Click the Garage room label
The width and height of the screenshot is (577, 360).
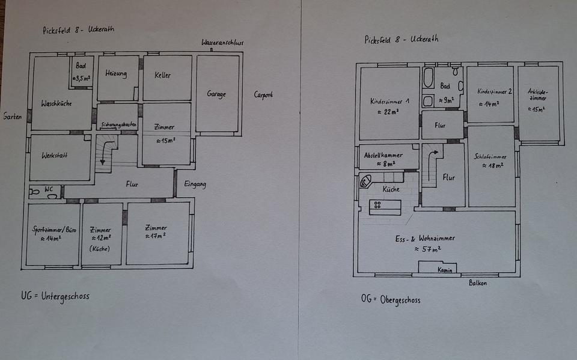tap(216, 94)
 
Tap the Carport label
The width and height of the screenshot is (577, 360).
tap(263, 95)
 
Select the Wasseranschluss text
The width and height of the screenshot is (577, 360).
tap(222, 43)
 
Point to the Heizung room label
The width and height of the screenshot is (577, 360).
tap(116, 74)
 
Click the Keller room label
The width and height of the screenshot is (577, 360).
tap(162, 75)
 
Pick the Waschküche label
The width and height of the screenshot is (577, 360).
tap(57, 103)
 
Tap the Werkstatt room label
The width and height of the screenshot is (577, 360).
tap(55, 156)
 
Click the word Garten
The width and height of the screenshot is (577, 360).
tap(13, 116)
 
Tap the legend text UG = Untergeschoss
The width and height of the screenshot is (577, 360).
tap(55, 296)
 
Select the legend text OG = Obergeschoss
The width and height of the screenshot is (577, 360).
tap(391, 299)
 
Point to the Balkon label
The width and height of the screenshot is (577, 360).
tap(478, 283)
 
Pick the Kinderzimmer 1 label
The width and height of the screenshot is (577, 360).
tap(389, 102)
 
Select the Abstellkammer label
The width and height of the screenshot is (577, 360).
tap(384, 155)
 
